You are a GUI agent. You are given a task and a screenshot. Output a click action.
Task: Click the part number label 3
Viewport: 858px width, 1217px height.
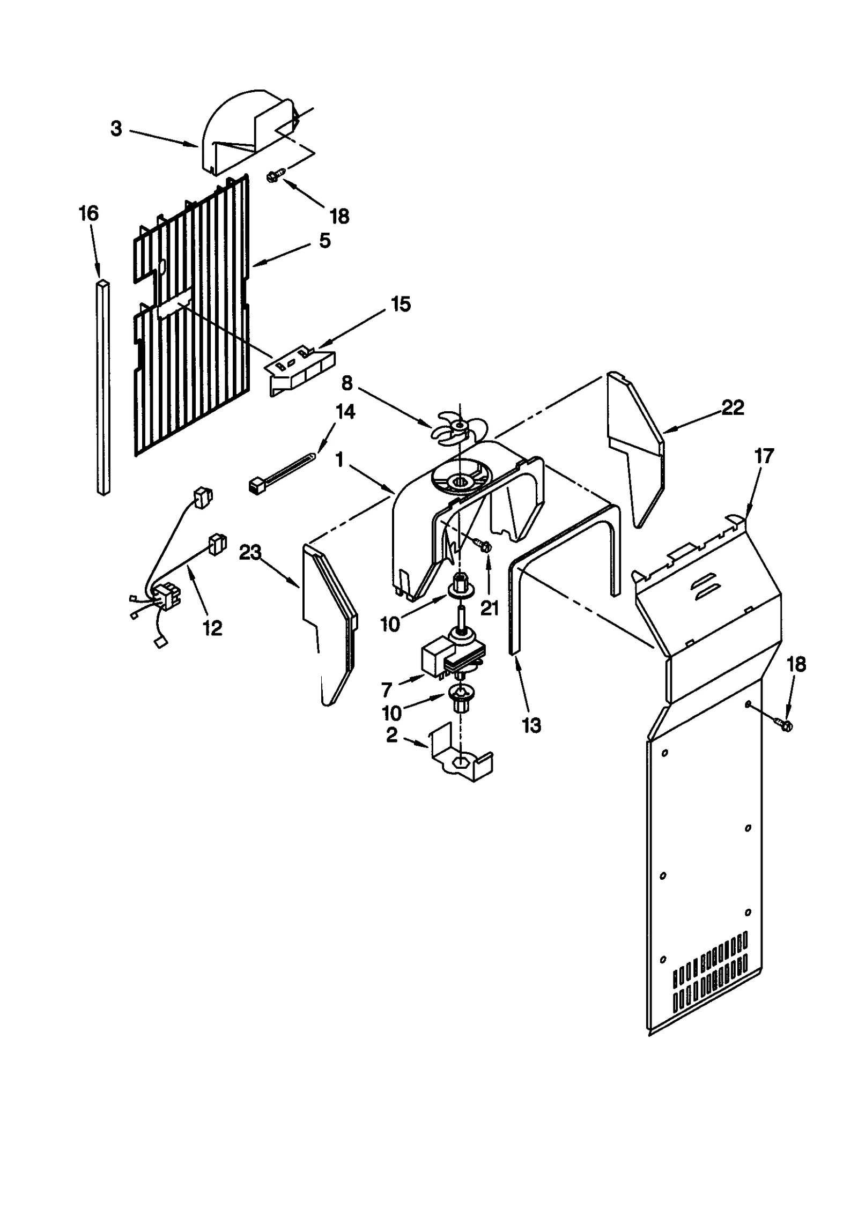pos(116,129)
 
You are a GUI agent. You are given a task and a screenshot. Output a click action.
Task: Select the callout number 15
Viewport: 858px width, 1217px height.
pos(401,304)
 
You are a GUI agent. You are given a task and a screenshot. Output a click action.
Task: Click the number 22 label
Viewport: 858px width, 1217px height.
pos(733,408)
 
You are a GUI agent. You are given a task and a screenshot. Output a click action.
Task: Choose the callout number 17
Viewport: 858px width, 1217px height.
pos(764,456)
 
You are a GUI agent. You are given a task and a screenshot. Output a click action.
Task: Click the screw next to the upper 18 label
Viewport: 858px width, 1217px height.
pos(276,176)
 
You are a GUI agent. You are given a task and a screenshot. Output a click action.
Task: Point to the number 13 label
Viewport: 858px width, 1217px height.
pos(531,726)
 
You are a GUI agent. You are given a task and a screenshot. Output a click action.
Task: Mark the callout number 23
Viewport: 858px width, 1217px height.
pos(250,553)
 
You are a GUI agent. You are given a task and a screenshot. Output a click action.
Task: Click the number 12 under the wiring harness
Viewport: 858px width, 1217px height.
pos(212,628)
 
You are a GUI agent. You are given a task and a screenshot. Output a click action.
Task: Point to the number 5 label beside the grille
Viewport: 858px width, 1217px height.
pos(324,241)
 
